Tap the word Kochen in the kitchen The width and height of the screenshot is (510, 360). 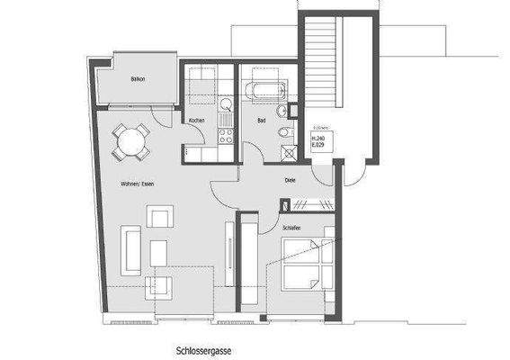(197, 121)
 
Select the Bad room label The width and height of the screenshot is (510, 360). (261, 120)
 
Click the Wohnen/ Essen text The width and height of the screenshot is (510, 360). (138, 183)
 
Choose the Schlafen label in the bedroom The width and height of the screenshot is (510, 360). (290, 229)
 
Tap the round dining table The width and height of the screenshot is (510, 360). (130, 141)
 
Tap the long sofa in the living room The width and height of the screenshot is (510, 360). (131, 249)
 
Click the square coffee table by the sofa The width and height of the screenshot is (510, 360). (159, 253)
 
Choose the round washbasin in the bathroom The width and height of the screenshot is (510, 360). (282, 111)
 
